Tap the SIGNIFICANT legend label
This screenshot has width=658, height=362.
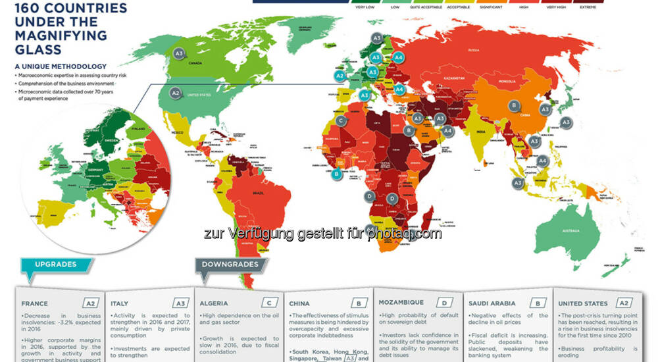492,8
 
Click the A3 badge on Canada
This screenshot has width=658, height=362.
178,53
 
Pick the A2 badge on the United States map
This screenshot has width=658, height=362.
175,93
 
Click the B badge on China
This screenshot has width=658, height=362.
514,105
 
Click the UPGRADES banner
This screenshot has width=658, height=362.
56,265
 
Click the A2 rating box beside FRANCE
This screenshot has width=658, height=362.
91,303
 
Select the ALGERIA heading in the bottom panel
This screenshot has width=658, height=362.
215,303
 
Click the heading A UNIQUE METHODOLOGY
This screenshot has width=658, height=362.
61,66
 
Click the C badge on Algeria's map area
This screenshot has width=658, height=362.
341,121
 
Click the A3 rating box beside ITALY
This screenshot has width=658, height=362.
180,303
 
